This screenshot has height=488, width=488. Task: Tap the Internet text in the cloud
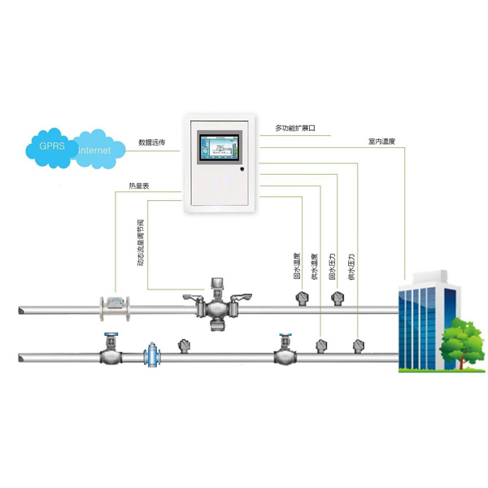(x=96, y=150)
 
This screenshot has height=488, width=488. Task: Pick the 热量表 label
(x=139, y=185)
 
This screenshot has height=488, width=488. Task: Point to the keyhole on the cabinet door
(x=241, y=170)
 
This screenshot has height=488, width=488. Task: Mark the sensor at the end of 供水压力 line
(x=359, y=346)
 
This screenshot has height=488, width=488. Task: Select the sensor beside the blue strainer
(x=184, y=346)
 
